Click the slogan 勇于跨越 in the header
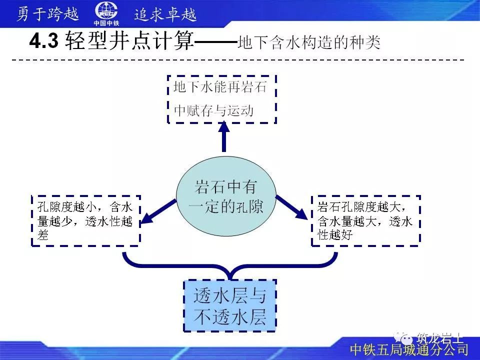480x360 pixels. [48, 14]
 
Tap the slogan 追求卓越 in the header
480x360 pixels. [165, 14]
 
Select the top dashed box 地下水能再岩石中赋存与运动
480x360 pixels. [221, 99]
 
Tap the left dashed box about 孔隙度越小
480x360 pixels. [85, 220]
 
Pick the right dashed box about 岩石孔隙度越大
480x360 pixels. [366, 220]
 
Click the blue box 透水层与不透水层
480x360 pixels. [230, 305]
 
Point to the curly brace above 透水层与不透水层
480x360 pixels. [230, 265]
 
